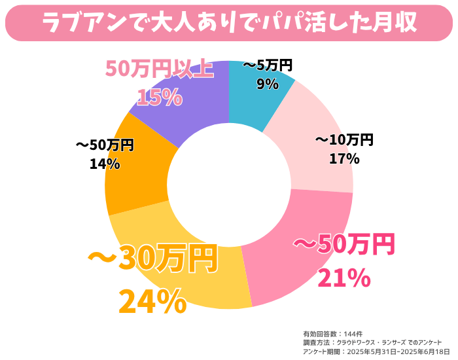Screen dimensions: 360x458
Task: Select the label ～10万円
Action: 344,140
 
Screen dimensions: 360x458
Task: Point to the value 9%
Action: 268,84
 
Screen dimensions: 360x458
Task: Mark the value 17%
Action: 344,158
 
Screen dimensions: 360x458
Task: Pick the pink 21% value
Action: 344,278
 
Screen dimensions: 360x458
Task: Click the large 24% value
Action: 152,301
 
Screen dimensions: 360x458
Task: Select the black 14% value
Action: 105,164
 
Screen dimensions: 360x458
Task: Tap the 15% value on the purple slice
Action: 159,97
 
